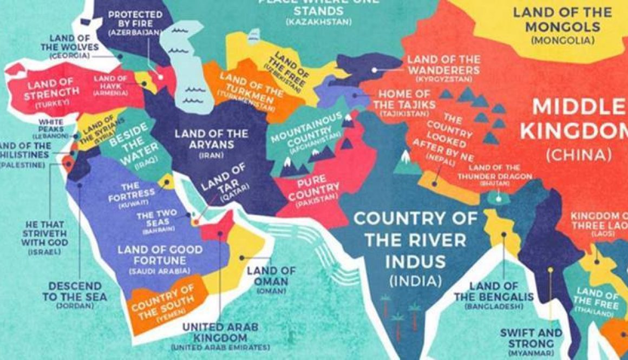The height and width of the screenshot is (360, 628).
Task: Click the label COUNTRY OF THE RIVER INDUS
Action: (x=415, y=240)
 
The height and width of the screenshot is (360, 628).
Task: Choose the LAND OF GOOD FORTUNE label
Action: (x=160, y=256)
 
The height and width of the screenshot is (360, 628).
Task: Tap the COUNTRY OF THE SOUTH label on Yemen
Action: (x=162, y=301)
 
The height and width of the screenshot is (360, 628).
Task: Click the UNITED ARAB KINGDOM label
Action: (x=220, y=332)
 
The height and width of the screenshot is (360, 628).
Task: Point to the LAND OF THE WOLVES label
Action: (x=74, y=43)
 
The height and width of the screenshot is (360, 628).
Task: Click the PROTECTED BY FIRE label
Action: (x=135, y=19)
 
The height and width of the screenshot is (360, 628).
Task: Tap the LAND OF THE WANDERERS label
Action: (x=443, y=66)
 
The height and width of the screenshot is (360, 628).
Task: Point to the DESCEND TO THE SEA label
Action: (x=75, y=291)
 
